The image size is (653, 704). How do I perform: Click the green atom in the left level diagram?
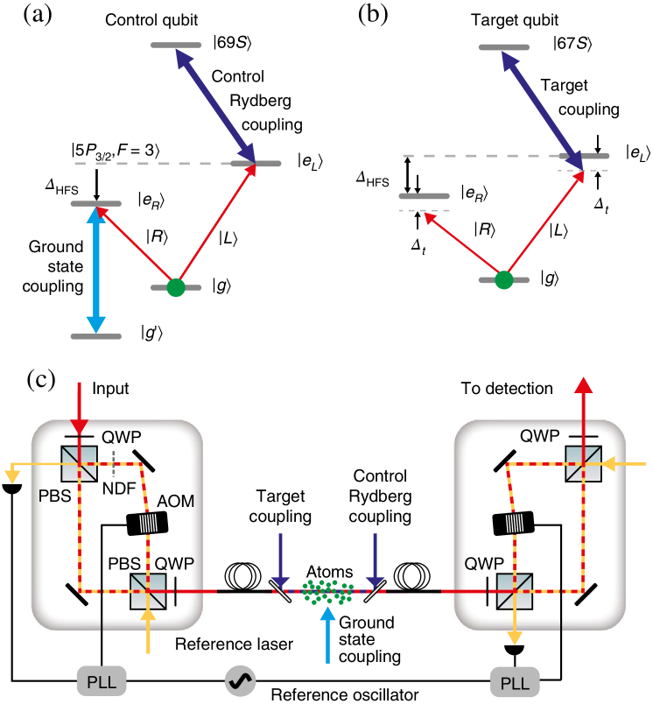176,287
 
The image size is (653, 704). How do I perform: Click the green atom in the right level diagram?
503,280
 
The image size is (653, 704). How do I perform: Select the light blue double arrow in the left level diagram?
96,270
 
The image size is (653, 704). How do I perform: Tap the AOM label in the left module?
174,501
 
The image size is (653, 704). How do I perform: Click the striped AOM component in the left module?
147,523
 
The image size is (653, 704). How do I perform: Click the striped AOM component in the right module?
514,523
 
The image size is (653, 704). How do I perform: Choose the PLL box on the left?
102,680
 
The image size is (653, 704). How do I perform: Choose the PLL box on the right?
515,681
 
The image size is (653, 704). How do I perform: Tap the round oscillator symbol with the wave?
240,680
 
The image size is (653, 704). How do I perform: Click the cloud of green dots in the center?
327,591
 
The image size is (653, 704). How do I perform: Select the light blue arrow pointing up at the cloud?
327,634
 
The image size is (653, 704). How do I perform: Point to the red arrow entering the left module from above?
80,407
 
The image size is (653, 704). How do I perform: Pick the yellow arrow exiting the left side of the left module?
26,467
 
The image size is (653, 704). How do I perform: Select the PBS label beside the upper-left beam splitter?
54,495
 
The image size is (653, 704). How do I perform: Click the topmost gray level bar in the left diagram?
176,45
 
